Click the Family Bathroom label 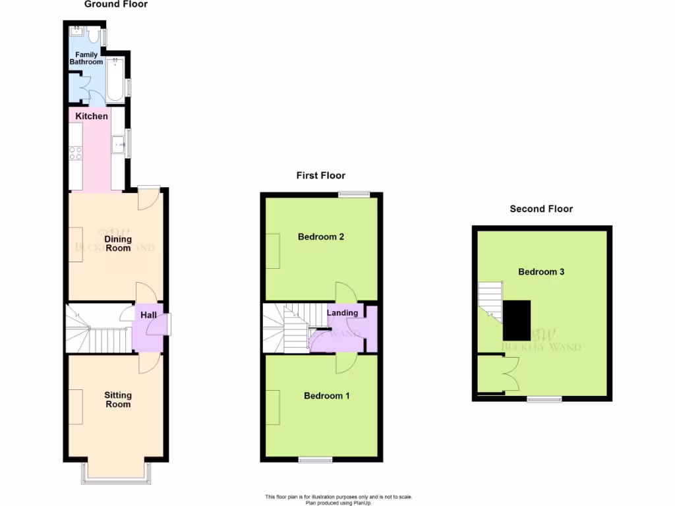click(86, 58)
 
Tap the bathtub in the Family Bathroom click(115, 79)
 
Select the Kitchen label click(92, 117)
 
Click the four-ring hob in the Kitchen click(75, 153)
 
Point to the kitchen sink click(119, 142)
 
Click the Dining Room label click(117, 243)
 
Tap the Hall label click(148, 316)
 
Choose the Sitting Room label click(117, 399)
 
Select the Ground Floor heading click(116, 5)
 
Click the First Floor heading click(320, 175)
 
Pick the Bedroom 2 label click(321, 237)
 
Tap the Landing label click(343, 313)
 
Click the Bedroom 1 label click(326, 396)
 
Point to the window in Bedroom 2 click(354, 194)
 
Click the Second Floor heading click(541, 209)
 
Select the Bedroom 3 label click(541, 271)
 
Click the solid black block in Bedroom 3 click(517, 320)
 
